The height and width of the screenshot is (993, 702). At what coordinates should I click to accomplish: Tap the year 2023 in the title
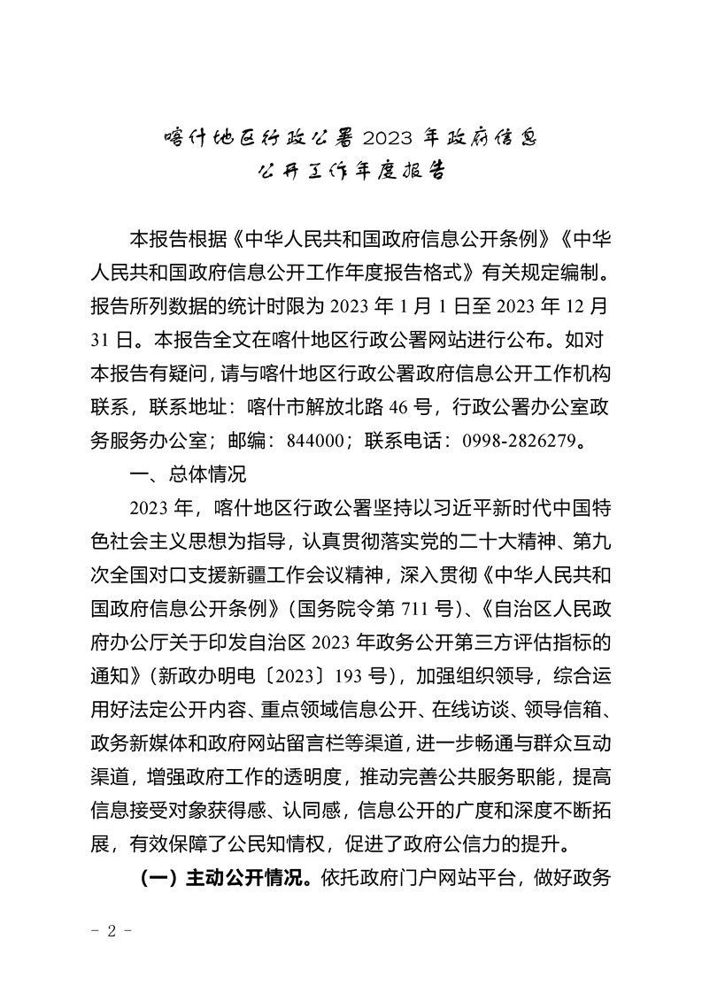(x=393, y=138)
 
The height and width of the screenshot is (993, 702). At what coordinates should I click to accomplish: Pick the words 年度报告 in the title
(x=406, y=170)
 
